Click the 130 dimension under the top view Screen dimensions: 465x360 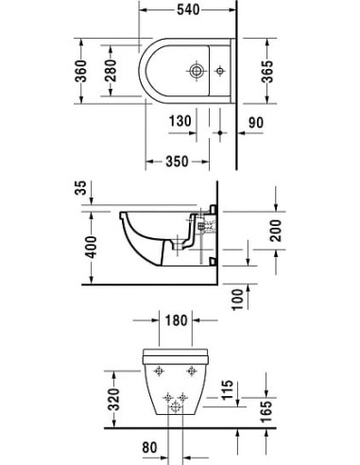click(182, 121)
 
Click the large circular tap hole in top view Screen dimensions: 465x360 click(195, 70)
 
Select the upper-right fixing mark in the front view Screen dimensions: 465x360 click(193, 371)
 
